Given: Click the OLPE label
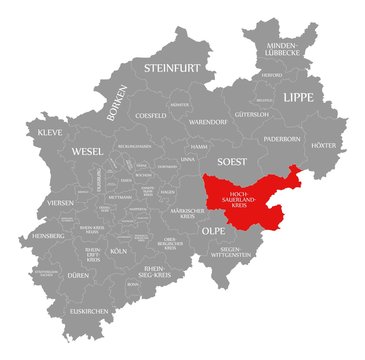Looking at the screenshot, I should tap(213, 230).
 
